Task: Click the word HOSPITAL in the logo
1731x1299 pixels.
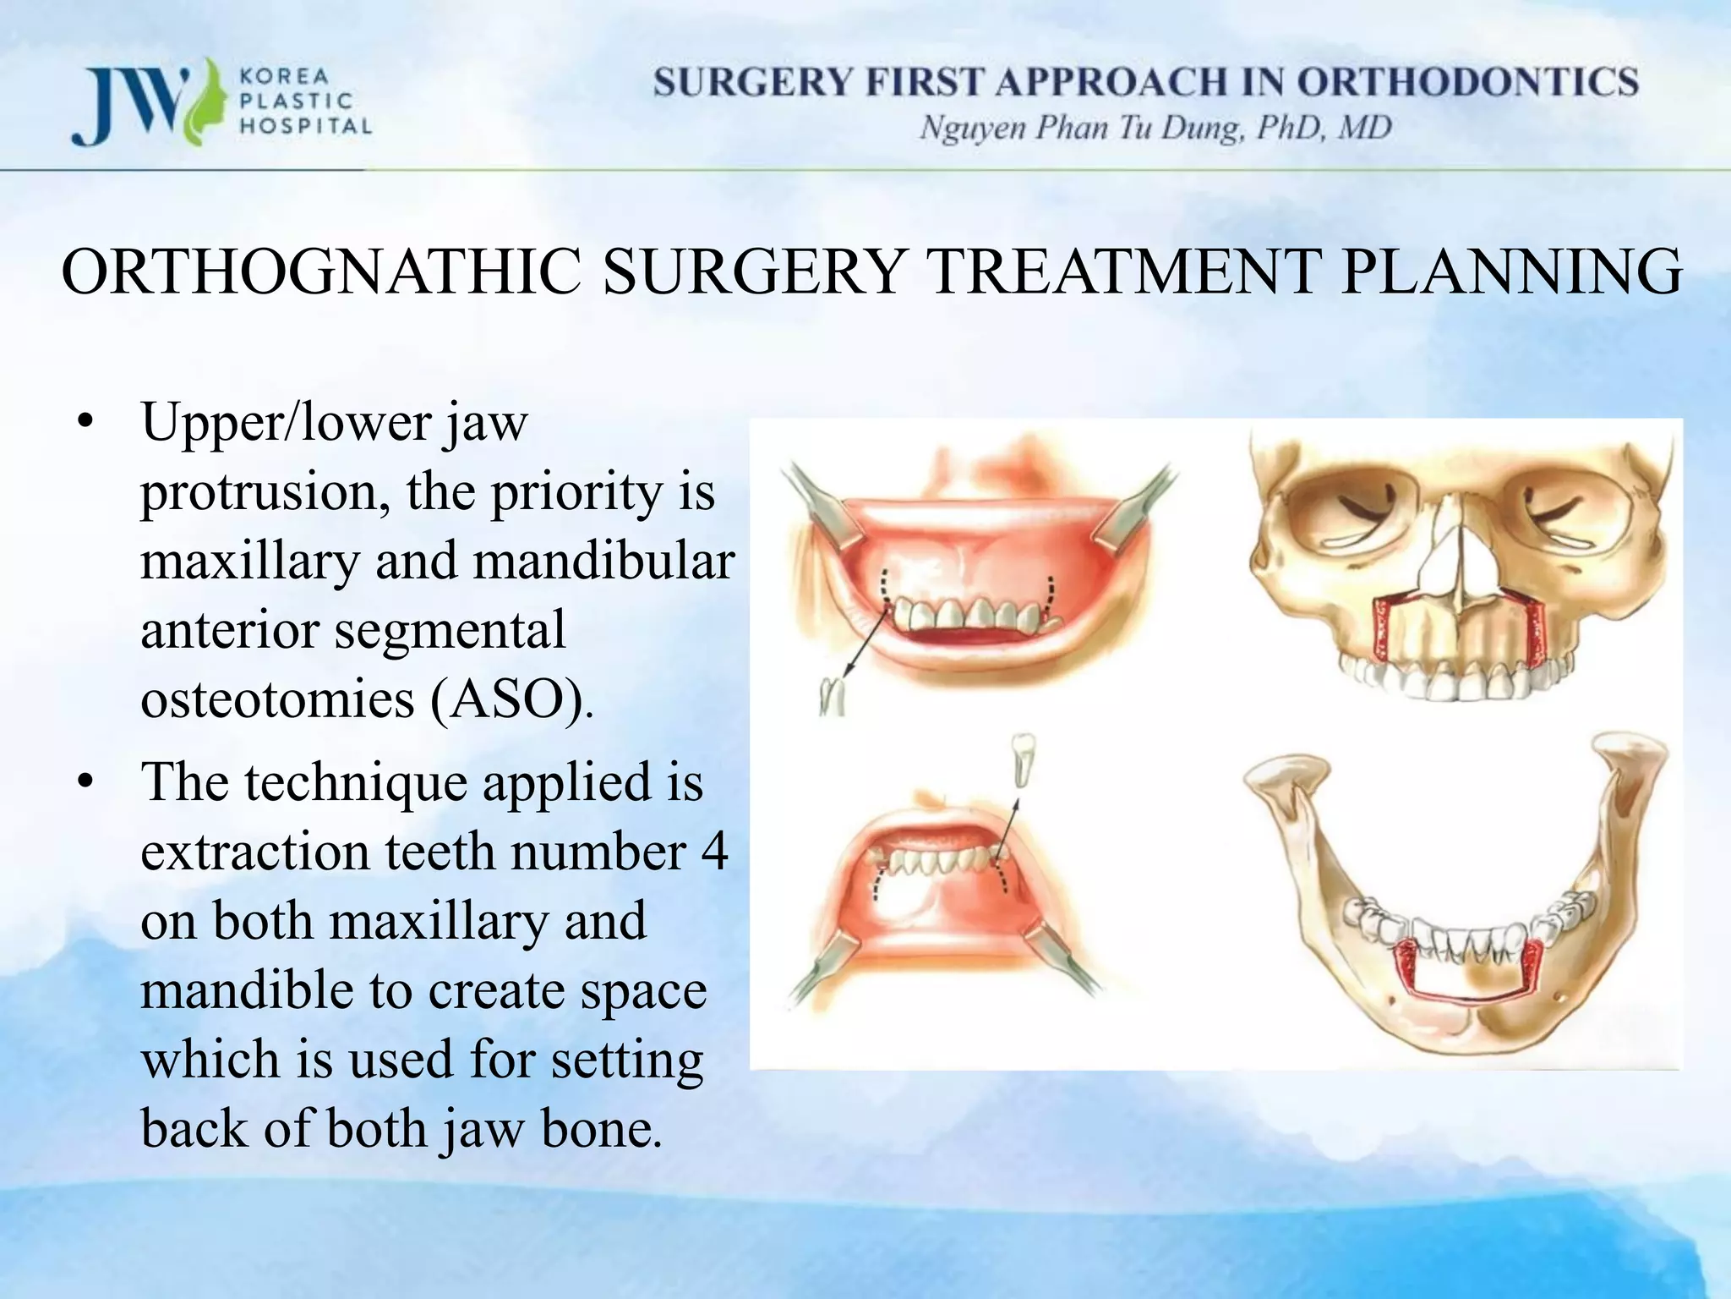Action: pyautogui.click(x=306, y=127)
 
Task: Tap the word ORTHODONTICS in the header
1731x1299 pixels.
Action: pyautogui.click(x=1467, y=83)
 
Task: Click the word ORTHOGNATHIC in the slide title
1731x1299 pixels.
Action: pyautogui.click(x=321, y=272)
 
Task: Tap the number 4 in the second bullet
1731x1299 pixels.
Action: pyautogui.click(x=714, y=852)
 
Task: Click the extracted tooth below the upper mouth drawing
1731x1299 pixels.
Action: pyautogui.click(x=833, y=697)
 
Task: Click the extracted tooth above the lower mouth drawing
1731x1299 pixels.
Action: pyautogui.click(x=1023, y=759)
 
